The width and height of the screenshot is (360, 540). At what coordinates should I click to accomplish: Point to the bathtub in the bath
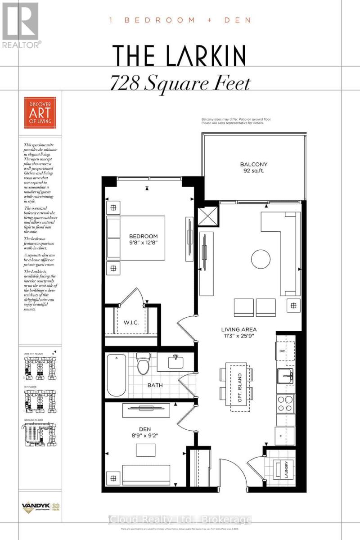[x=117, y=375]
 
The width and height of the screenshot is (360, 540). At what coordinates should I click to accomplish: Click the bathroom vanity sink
[x=176, y=362]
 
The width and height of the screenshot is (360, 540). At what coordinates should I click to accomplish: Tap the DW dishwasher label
[x=282, y=351]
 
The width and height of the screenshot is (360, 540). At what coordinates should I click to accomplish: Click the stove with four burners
[x=285, y=404]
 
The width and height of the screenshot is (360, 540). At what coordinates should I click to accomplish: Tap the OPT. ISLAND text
[x=240, y=387]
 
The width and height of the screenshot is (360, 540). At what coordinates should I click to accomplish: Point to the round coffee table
[x=261, y=259]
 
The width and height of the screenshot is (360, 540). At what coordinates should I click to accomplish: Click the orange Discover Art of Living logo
[x=40, y=112]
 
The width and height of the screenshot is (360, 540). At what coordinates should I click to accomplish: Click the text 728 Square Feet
[x=180, y=83]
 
